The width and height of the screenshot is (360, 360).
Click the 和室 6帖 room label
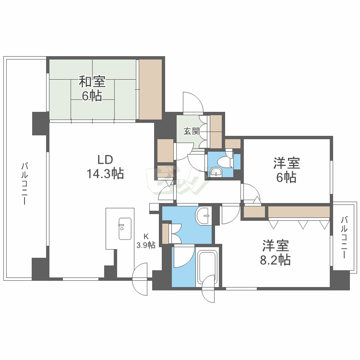pos(90,89)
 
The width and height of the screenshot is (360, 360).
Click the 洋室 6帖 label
pos(286,170)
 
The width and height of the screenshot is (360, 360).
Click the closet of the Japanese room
pos(151,89)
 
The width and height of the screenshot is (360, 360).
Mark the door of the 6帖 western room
pos(251,193)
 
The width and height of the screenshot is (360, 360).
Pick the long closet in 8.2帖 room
pos(298,212)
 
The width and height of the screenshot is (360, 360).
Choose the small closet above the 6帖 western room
pos(233,143)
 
